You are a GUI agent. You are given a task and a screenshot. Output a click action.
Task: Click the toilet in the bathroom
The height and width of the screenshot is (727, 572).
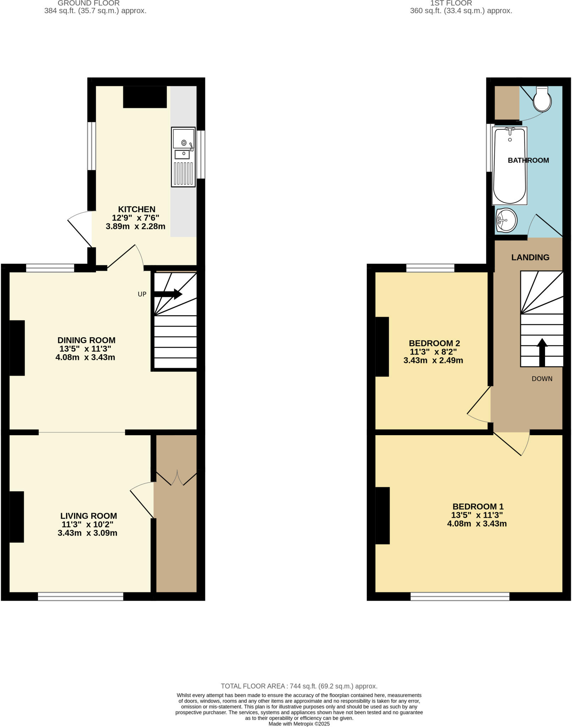[542, 99]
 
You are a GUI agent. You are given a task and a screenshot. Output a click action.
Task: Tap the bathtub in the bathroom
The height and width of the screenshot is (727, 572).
[510, 166]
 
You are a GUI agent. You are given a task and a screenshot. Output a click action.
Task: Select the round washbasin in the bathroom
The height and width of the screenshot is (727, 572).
[506, 220]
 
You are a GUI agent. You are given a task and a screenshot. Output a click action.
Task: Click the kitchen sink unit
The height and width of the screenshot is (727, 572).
[183, 157]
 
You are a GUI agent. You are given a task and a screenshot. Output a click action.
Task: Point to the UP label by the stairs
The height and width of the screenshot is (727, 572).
[142, 294]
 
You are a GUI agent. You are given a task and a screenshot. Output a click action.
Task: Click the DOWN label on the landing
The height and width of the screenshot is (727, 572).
[542, 379]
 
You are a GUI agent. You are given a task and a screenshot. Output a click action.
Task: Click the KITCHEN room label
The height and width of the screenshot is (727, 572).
[137, 209]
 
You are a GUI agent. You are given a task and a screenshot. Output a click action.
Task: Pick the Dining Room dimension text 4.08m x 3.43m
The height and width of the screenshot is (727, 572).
[85, 357]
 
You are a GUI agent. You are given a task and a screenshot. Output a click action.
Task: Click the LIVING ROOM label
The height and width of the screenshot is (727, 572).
[88, 516]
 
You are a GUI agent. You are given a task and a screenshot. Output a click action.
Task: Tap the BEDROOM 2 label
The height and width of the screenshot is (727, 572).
[434, 343]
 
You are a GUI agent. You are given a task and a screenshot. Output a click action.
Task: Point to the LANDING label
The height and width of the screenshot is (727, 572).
[530, 257]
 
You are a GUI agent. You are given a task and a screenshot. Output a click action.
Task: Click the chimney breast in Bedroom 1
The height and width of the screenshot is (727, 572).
[382, 515]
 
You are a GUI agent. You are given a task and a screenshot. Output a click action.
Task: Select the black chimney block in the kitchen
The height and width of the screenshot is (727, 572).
[145, 97]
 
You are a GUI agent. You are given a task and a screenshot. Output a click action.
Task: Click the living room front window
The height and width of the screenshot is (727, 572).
[81, 596]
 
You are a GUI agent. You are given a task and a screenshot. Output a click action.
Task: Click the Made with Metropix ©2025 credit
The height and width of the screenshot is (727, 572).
[299, 724]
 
